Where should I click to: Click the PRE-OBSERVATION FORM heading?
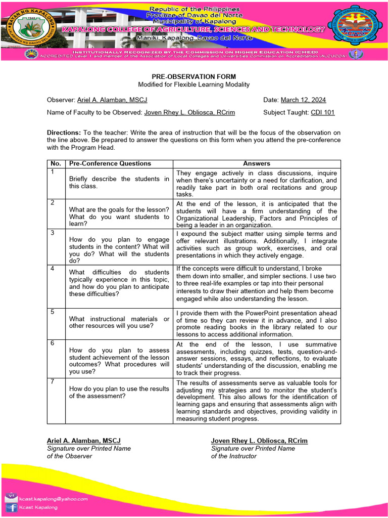[x=194, y=76]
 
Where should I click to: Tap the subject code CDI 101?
[x=322, y=112]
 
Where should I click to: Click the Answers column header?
[x=257, y=163]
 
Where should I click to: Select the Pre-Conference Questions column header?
[x=110, y=163]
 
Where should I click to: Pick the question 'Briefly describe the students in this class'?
[x=119, y=183]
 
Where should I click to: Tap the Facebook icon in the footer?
[x=11, y=507]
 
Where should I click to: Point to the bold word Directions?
[x=64, y=133]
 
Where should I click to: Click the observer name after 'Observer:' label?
[x=112, y=100]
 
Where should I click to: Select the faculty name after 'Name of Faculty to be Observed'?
[x=189, y=112]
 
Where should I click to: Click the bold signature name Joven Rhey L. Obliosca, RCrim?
[x=259, y=441]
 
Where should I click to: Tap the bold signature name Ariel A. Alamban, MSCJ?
[x=84, y=441]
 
